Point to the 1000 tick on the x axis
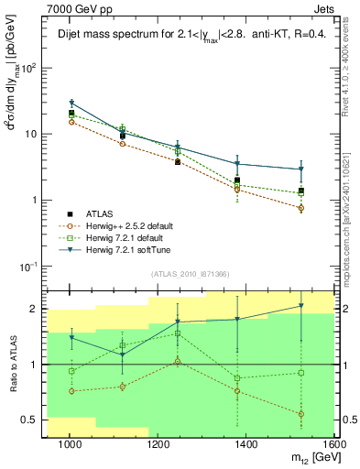coord(69,444)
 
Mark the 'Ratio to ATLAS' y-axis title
coord(13,364)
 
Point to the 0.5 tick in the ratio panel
coord(32,420)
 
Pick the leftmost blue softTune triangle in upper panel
coord(71,104)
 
